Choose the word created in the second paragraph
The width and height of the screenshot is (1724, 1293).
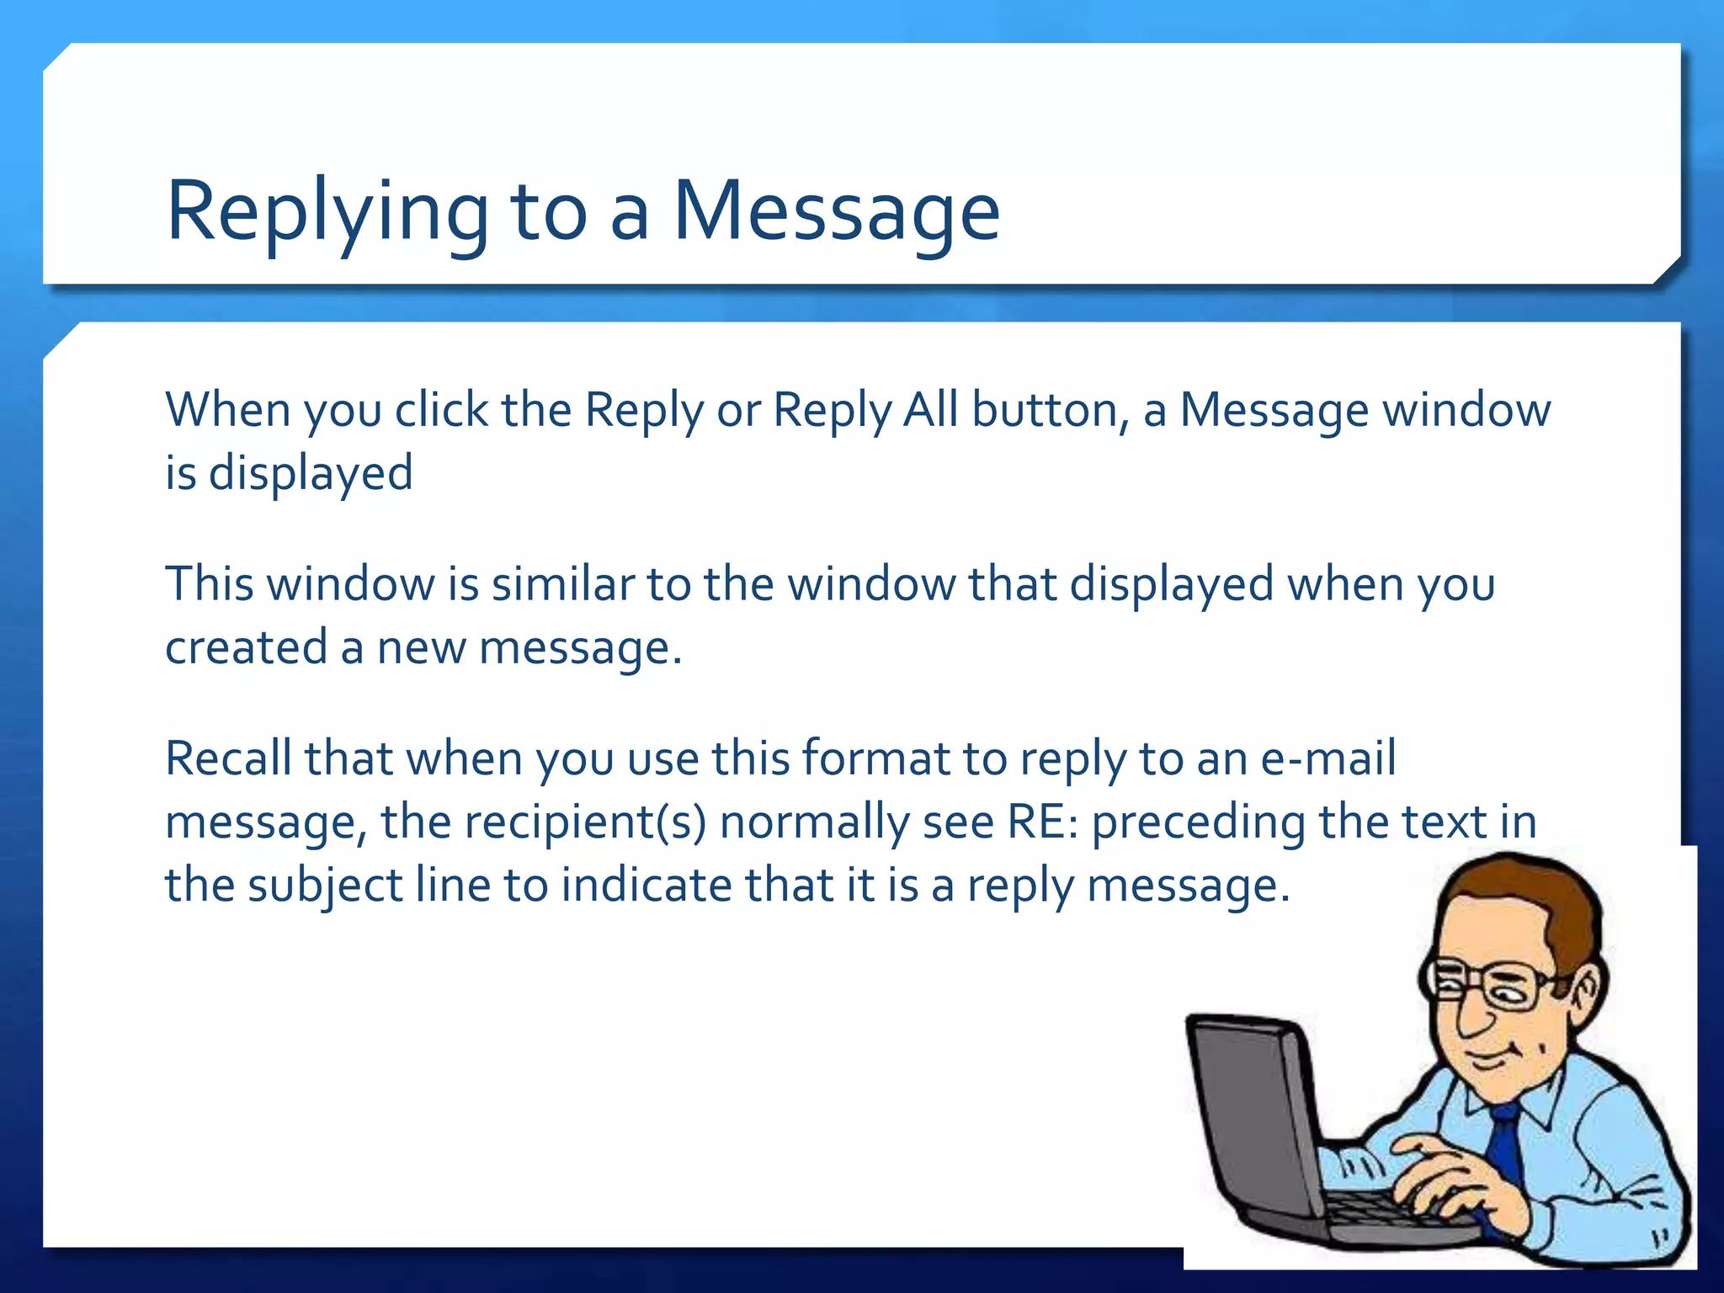tap(246, 647)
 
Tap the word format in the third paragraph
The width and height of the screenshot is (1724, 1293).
tap(875, 758)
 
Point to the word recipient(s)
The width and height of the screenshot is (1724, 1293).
tap(585, 822)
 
